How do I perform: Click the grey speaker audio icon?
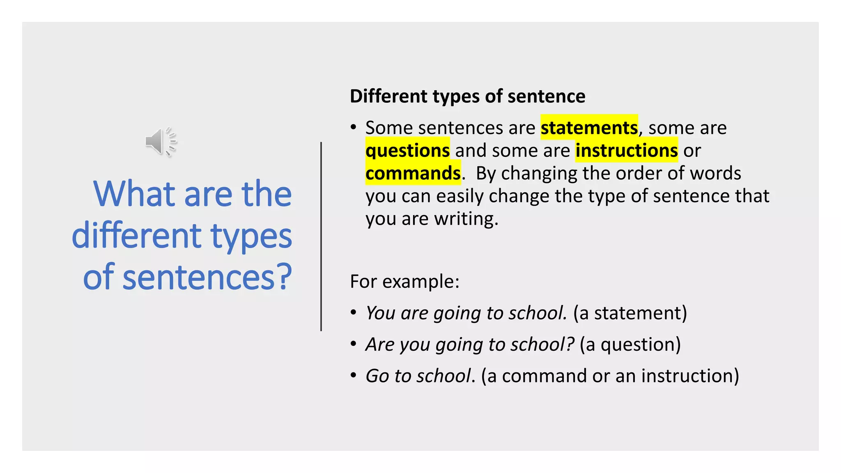pos(161,142)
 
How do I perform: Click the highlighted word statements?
pos(589,128)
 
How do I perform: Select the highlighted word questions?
pos(407,150)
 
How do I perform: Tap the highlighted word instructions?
pos(626,150)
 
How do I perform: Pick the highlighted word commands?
pos(413,173)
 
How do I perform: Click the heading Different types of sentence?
pos(467,96)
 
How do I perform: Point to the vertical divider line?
pos(321,236)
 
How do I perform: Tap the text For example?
pos(404,282)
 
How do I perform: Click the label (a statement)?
pos(630,313)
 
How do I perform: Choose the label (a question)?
pos(630,344)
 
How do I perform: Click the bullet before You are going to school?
pos(354,313)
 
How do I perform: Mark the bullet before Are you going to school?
pos(354,344)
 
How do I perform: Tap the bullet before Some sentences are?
pos(354,127)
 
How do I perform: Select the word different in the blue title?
pos(137,236)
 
